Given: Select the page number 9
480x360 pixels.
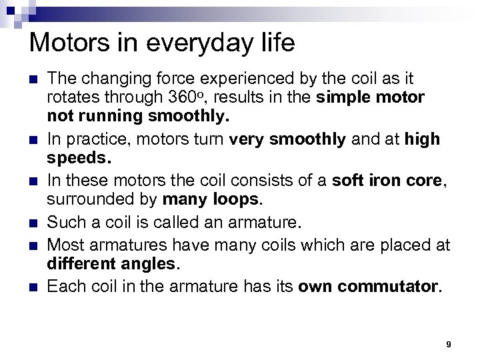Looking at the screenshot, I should (x=449, y=344).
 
